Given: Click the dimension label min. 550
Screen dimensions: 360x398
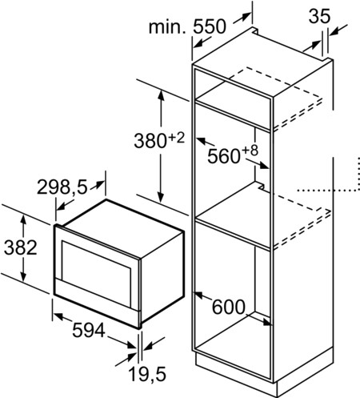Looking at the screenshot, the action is pos(187,26).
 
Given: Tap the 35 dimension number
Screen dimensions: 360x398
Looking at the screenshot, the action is pos(319,16).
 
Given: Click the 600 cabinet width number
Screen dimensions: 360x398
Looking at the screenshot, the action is pos(229,307).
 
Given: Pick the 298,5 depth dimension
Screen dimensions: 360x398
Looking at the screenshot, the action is pos(62,187).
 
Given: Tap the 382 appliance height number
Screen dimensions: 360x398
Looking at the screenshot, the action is pos(21,247).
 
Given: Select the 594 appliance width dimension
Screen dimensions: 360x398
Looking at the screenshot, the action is pos(89,330).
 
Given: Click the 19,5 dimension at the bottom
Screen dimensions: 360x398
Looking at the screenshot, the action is pos(147,374).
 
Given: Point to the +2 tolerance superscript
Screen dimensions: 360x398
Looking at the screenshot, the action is pos(176,139).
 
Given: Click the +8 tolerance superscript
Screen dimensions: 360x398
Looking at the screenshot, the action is pos(250,151).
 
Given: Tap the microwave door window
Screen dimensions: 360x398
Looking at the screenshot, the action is pos(97,271).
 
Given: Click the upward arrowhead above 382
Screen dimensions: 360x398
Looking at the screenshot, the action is pos(24,219).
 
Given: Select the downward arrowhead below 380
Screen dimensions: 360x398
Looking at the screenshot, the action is pos(161,197).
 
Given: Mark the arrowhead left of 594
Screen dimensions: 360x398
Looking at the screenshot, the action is pos(58,316).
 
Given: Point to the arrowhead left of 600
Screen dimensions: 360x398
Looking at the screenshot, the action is pos(199,295).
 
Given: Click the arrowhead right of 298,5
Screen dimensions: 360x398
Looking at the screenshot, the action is pos(99,183).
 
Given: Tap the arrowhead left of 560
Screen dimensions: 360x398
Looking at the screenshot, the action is pos(201,139).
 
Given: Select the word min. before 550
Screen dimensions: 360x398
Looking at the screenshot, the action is pos(167,26).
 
